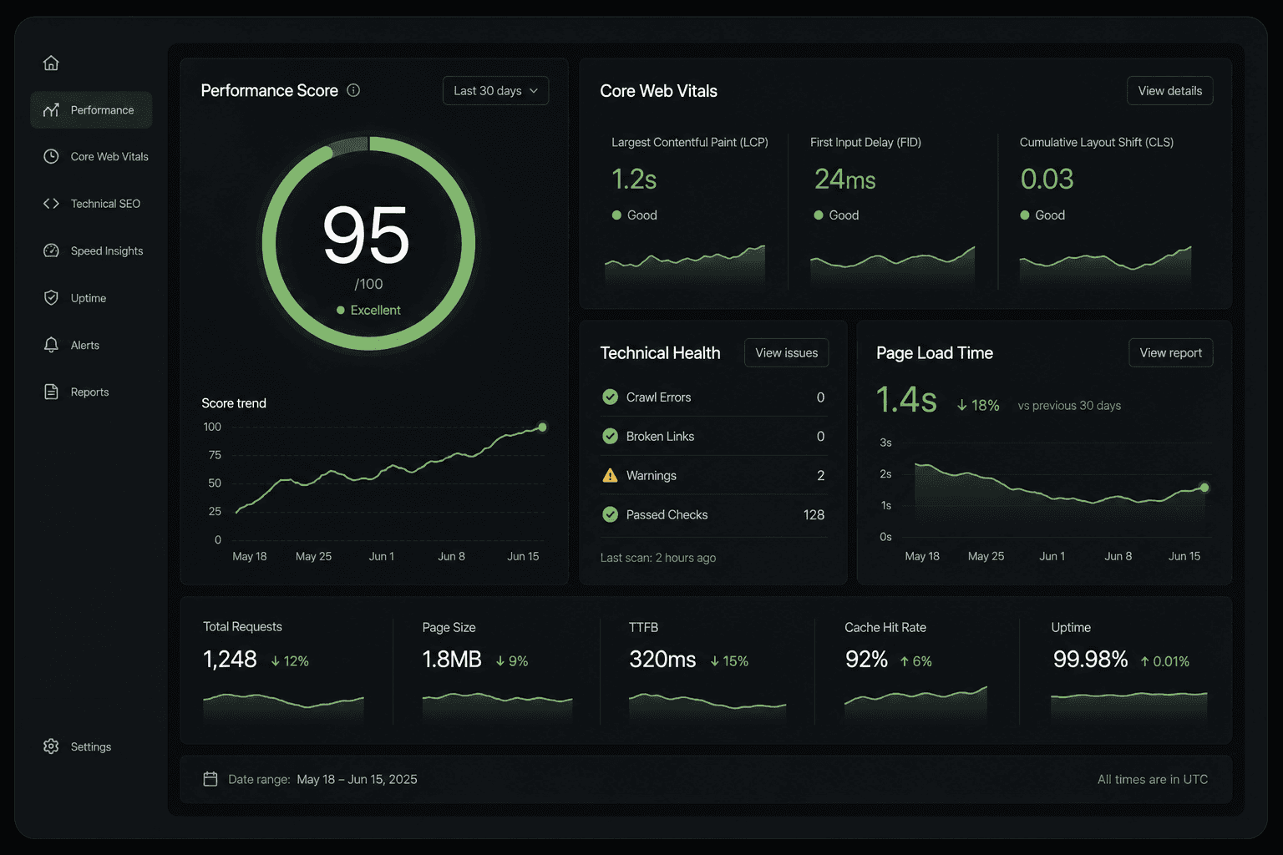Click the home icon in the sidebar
(51, 63)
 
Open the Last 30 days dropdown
(495, 90)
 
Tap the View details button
(1169, 90)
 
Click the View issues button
(786, 352)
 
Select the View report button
(1171, 352)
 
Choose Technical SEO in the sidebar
(105, 204)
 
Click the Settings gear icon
(51, 746)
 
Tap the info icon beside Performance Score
(353, 90)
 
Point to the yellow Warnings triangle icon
(610, 475)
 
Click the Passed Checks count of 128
(814, 515)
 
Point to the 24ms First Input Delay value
(844, 180)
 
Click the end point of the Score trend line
(542, 427)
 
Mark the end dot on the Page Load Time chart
(1204, 488)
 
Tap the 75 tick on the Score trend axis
(215, 455)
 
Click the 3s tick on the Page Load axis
(885, 443)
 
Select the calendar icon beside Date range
(210, 779)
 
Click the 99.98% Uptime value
(1090, 659)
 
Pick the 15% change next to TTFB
(729, 661)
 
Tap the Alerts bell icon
(51, 345)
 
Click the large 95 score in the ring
(366, 235)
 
